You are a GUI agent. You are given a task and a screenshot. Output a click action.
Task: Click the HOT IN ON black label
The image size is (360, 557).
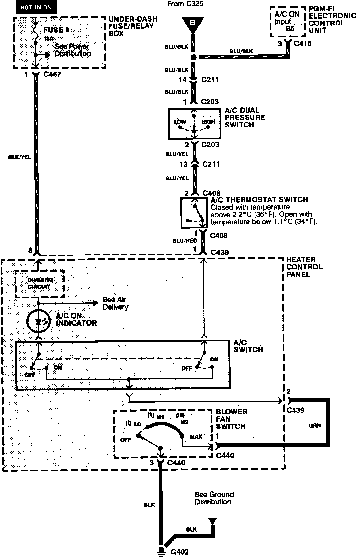(x=36, y=7)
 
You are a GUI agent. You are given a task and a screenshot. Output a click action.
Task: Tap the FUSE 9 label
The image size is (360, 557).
(x=56, y=30)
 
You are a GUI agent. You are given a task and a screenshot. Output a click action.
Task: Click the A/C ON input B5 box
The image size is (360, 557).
(x=287, y=22)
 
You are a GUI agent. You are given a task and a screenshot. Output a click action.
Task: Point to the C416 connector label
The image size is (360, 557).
(x=302, y=43)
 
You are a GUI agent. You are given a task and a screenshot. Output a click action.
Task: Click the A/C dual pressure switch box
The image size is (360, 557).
(x=194, y=124)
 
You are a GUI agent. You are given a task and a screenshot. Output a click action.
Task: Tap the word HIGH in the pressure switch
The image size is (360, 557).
(x=208, y=121)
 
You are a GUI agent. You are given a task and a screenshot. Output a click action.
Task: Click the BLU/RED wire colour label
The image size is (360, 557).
(x=185, y=241)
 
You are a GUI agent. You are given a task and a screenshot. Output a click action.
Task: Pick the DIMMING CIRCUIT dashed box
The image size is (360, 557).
(x=39, y=283)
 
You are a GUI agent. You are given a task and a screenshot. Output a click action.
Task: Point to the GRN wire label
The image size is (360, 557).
(x=314, y=425)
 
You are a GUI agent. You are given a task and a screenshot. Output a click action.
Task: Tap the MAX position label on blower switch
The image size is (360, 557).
(x=196, y=437)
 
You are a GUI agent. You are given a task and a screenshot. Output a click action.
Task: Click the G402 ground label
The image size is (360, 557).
(x=180, y=552)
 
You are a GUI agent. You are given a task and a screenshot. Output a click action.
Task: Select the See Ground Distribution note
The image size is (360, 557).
(x=214, y=498)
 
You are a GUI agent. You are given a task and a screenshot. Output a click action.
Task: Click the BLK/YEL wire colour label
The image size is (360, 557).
(x=19, y=157)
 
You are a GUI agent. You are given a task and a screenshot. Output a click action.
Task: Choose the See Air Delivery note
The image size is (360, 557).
(x=115, y=303)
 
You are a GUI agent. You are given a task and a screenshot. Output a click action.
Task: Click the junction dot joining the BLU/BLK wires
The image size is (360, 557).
(x=194, y=57)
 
